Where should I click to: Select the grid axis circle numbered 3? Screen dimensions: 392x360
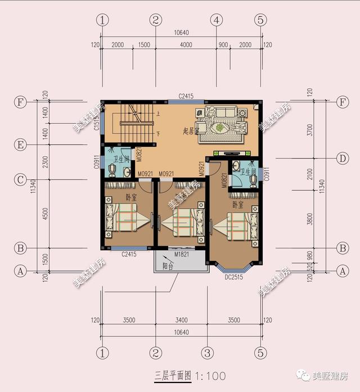(x=208, y=353)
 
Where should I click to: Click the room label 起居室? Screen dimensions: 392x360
(x=192, y=130)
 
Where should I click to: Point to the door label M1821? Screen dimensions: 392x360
(x=181, y=255)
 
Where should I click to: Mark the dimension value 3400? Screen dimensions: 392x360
(x=181, y=320)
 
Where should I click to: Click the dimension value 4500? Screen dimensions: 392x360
(x=44, y=213)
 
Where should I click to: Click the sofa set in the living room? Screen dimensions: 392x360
(x=222, y=120)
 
